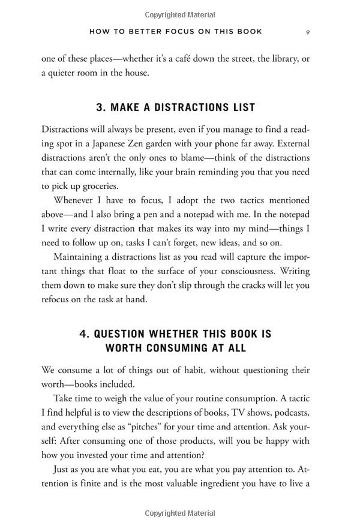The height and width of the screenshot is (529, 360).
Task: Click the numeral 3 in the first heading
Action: pyautogui.click(x=100, y=107)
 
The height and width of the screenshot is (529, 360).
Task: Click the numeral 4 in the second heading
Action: pyautogui.click(x=85, y=333)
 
